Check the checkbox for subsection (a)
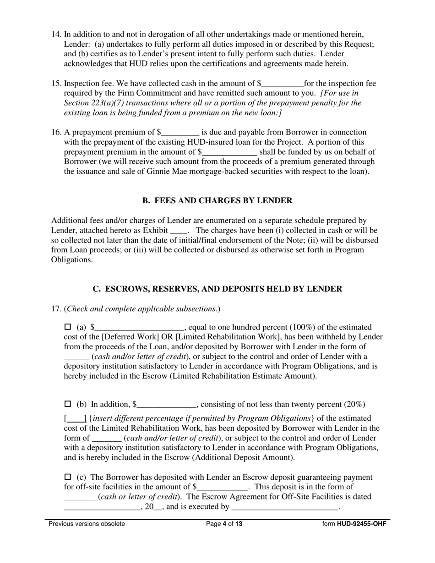pyautogui.click(x=68, y=327)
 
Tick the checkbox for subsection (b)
pyautogui.click(x=68, y=404)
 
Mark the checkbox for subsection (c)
pyautogui.click(x=68, y=476)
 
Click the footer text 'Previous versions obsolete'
pyautogui.click(x=87, y=524)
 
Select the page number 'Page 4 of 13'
pyautogui.click(x=224, y=524)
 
